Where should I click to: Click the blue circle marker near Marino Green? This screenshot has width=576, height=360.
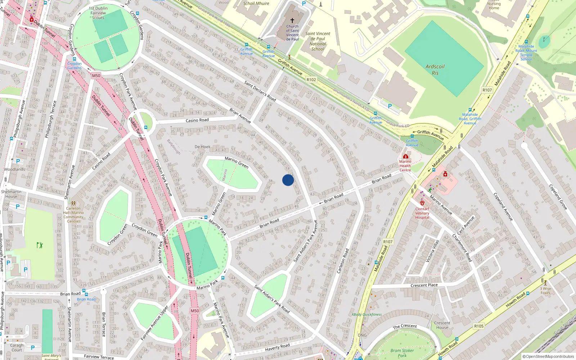pyautogui.click(x=288, y=180)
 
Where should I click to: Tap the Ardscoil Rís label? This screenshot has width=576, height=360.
pyautogui.click(x=435, y=69)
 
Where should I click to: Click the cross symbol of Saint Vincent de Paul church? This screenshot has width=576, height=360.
pyautogui.click(x=292, y=21)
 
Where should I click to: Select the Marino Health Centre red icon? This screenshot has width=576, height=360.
pyautogui.click(x=406, y=157)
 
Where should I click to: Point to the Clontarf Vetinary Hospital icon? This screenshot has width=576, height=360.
pyautogui.click(x=422, y=203)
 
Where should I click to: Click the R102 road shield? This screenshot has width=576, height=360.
pyautogui.click(x=311, y=80)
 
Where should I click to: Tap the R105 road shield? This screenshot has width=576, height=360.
pyautogui.click(x=478, y=326)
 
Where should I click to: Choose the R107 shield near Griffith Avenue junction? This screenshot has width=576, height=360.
pyautogui.click(x=487, y=90)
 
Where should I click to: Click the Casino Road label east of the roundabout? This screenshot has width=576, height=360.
pyautogui.click(x=197, y=120)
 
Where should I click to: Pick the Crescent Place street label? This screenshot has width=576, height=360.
pyautogui.click(x=424, y=285)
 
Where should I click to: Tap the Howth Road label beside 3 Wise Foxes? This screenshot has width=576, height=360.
pyautogui.click(x=516, y=300)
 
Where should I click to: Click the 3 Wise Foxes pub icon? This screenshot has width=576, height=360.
pyautogui.click(x=545, y=283)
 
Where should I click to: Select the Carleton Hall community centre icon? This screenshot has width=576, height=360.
pyautogui.click(x=73, y=203)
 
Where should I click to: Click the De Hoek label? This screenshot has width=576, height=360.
pyautogui.click(x=202, y=147)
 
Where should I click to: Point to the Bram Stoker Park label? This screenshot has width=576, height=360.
pyautogui.click(x=402, y=353)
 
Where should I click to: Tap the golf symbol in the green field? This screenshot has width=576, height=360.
pyautogui.click(x=40, y=245)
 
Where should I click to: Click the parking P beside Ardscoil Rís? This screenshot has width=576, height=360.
pyautogui.click(x=390, y=106)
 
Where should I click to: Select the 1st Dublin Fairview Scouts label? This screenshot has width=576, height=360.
pyautogui.click(x=98, y=13)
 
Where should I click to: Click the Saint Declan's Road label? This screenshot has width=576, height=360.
pyautogui.click(x=260, y=91)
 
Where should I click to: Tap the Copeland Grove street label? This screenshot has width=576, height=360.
pyautogui.click(x=558, y=197)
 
